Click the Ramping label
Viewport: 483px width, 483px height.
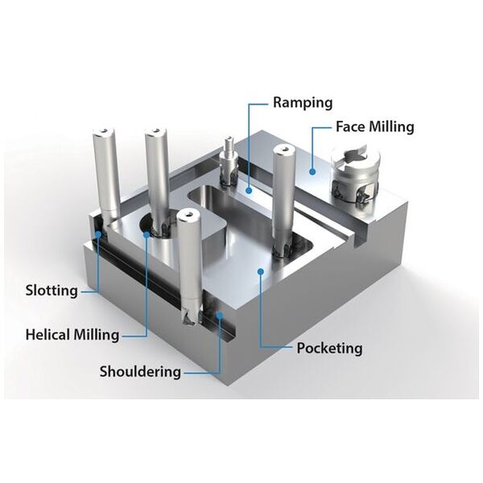click(x=302, y=104)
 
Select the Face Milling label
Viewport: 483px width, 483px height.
click(x=374, y=126)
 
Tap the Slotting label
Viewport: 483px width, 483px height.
click(x=52, y=290)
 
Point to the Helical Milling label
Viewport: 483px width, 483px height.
click(x=72, y=333)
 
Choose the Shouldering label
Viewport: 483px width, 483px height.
click(x=140, y=371)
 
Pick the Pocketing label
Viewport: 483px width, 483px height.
click(x=329, y=349)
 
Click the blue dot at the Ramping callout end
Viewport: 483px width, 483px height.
click(x=250, y=191)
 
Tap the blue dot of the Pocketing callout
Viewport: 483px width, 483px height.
click(x=260, y=271)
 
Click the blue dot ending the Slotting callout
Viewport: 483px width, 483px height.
click(x=97, y=234)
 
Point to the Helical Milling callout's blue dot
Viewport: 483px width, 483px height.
click(x=147, y=234)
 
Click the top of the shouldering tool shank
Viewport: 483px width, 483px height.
click(x=188, y=215)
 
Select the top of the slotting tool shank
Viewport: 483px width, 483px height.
click(x=106, y=131)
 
